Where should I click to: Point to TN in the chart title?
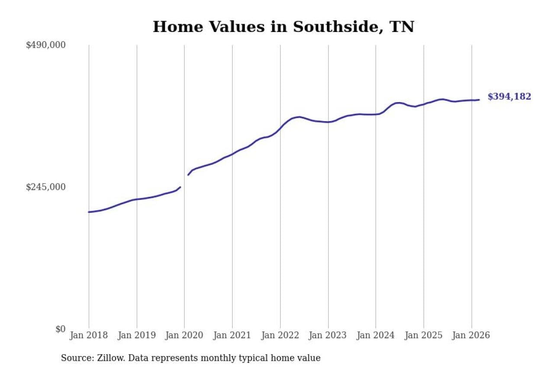click(x=402, y=27)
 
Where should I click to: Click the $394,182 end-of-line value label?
click(x=509, y=97)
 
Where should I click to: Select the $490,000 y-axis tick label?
click(x=45, y=45)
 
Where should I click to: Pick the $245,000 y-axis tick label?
click(x=45, y=187)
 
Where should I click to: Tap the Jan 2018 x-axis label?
click(x=89, y=335)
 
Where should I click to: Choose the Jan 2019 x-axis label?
click(x=137, y=335)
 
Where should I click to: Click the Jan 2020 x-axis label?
click(x=184, y=335)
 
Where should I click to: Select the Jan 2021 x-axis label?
click(x=232, y=335)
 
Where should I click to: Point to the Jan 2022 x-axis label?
click(x=280, y=335)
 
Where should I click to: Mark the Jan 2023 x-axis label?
click(x=328, y=335)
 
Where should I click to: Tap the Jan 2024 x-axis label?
click(x=376, y=335)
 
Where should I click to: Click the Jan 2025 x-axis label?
click(x=424, y=335)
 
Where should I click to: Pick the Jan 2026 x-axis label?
click(x=471, y=335)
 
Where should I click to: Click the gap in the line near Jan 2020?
click(x=184, y=181)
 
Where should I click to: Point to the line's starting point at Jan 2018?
click(x=89, y=212)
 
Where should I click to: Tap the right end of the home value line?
click(x=479, y=100)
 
